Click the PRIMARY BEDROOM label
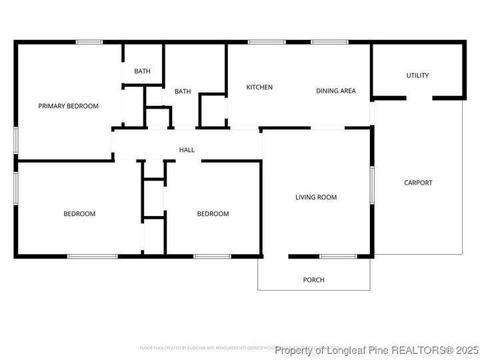tap(68, 106)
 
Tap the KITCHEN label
tap(259, 87)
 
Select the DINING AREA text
tap(335, 91)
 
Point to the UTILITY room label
tap(417, 75)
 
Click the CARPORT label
tap(418, 183)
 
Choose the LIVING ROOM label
tap(316, 197)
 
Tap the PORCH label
tap(313, 280)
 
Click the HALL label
tap(187, 150)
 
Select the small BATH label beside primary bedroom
tap(142, 71)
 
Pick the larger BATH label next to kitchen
tap(183, 91)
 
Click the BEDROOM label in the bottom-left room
tap(79, 214)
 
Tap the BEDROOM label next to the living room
tap(213, 214)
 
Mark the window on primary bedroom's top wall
tap(89, 43)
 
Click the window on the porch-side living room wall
tap(337, 256)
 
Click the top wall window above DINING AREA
tap(329, 43)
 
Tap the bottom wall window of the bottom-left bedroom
tap(92, 256)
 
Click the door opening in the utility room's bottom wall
tap(419, 99)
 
